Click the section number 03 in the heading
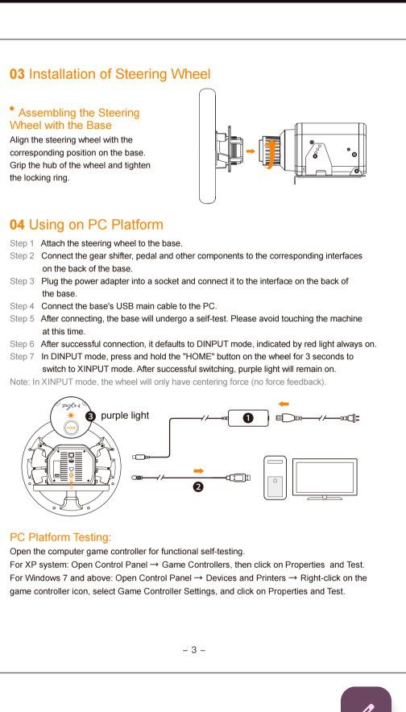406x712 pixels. coord(17,74)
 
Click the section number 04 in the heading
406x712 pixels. coord(17,225)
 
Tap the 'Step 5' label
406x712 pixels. coord(22,318)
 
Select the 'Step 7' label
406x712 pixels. coord(22,355)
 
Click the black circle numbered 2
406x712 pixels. coord(197,487)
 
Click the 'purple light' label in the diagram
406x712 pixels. coord(125,416)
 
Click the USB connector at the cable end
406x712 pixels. coord(240,478)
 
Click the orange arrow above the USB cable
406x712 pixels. coord(197,468)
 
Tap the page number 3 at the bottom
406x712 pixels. coord(193,650)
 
